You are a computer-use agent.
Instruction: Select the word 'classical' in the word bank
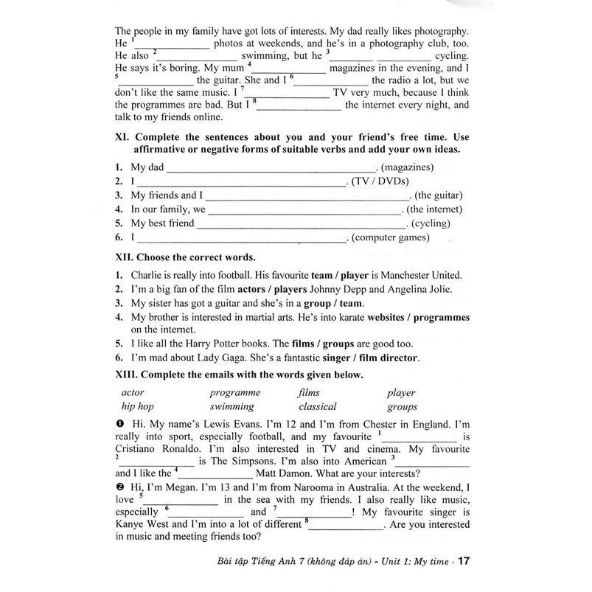pyautogui.click(x=317, y=406)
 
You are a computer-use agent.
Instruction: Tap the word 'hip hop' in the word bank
pyautogui.click(x=137, y=406)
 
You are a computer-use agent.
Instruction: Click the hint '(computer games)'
pyautogui.click(x=390, y=237)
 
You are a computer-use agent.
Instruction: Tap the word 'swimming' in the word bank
pyautogui.click(x=231, y=406)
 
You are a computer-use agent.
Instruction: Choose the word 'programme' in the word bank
pyautogui.click(x=235, y=393)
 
